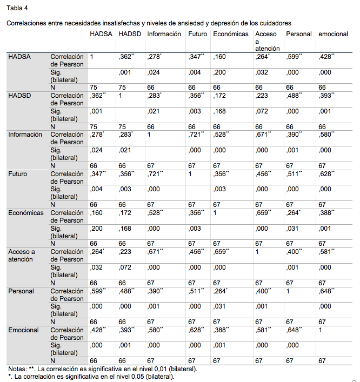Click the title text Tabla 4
(17, 8)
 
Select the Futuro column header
(198, 34)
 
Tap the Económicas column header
(231, 34)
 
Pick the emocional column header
(333, 34)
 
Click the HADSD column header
(129, 34)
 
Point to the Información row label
(25, 135)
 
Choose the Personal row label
(21, 291)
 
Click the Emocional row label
(23, 330)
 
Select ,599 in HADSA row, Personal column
(294, 56)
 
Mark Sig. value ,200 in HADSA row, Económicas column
(219, 72)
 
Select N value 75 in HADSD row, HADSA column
(94, 126)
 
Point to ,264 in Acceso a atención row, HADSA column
(97, 252)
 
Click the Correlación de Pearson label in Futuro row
(67, 178)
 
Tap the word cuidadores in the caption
(274, 23)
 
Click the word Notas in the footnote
(16, 369)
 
